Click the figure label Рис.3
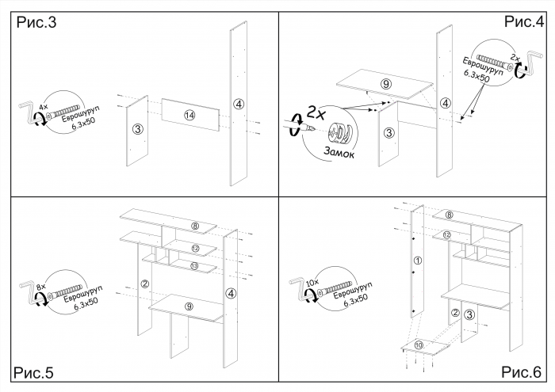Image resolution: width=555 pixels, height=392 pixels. (x=36, y=24)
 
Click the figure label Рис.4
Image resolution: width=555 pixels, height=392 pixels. (x=522, y=22)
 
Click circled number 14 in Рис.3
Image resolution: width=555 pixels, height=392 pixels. (x=189, y=116)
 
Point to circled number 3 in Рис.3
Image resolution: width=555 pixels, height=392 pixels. (x=137, y=129)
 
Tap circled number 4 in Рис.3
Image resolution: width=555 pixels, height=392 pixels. (x=239, y=103)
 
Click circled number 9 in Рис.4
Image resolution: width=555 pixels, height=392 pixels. (x=386, y=84)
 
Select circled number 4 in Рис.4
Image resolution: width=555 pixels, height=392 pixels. (x=446, y=103)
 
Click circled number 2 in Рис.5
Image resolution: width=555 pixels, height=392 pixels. (x=145, y=284)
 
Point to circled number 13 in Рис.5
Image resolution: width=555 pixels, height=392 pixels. (x=195, y=266)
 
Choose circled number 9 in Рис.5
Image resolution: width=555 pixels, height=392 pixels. (x=189, y=306)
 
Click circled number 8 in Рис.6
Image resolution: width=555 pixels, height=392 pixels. (x=449, y=215)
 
